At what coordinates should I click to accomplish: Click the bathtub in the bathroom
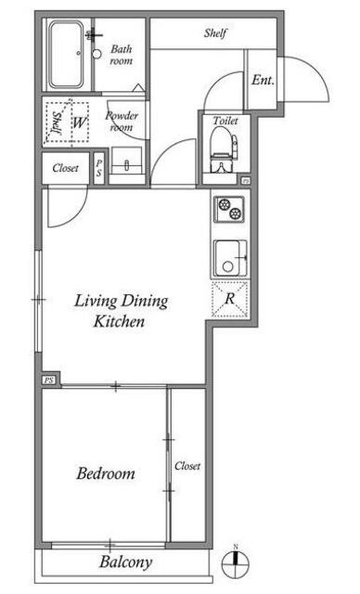coord(66,55)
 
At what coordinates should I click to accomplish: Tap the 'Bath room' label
coord(122,55)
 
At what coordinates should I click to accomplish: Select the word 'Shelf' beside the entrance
coord(215,33)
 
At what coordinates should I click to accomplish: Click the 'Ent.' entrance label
coord(263,81)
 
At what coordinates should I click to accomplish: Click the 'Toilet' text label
coord(225,121)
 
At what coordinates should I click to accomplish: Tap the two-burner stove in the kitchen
coord(229,209)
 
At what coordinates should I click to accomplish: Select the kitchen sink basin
coord(230,258)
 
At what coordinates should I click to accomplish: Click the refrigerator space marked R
coord(230,299)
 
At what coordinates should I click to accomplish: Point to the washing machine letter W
coord(79,123)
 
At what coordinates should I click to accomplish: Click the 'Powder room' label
coord(122,122)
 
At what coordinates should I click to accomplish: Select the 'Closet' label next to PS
coord(66,168)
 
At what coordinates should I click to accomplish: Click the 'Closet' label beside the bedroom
coord(187,466)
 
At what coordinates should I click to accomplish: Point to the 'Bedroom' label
coord(106,473)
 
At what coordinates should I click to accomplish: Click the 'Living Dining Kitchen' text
coord(121,311)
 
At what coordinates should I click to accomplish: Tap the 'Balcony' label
coord(125,562)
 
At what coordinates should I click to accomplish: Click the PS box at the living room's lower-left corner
coord(48,380)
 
